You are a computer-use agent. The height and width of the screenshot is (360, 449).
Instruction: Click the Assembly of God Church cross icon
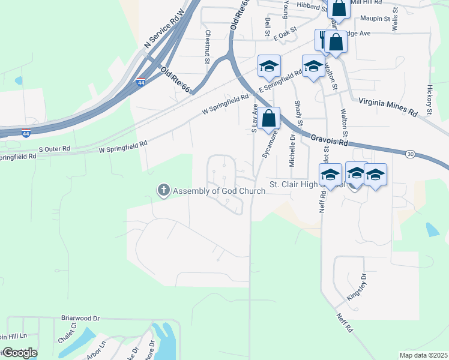163,191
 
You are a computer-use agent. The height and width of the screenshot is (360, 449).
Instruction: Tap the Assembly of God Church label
219,191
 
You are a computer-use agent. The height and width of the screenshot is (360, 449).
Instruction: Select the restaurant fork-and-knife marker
323,40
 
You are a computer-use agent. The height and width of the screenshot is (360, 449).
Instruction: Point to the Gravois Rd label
330,140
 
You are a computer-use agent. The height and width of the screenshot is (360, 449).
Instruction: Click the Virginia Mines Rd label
387,107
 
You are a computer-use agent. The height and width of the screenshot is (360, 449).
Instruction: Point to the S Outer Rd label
55,148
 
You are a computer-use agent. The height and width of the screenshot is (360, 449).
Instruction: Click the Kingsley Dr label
356,288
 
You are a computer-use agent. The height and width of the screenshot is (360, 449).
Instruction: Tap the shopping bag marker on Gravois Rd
270,118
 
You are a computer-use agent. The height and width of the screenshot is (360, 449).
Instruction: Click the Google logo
20,353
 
